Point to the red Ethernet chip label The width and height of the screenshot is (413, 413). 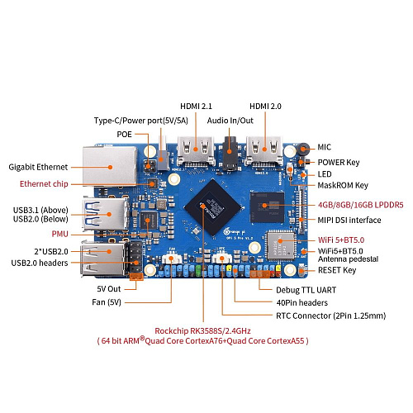(x=45, y=183)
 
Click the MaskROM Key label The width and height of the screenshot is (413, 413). (x=343, y=185)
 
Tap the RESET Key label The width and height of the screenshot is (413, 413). (x=337, y=269)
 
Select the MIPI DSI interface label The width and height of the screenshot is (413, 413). (x=349, y=220)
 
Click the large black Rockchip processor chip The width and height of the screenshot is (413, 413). (x=216, y=198)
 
